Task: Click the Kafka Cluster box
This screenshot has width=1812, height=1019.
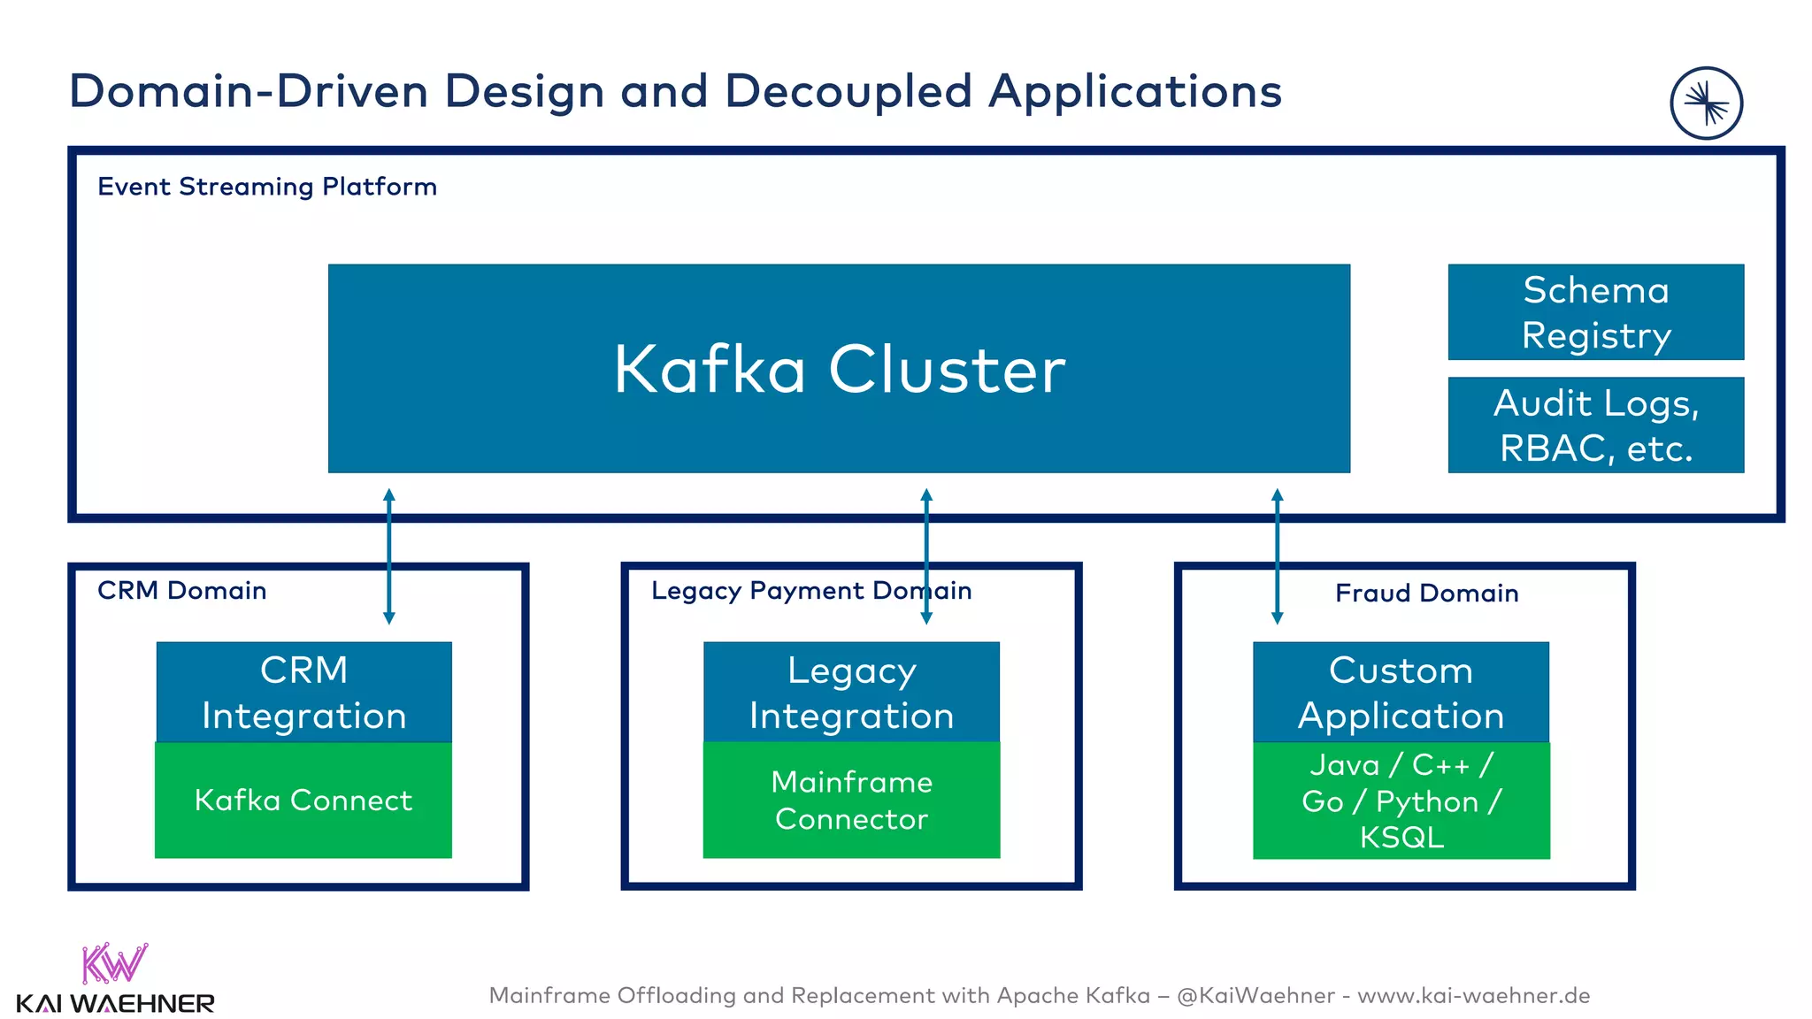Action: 839,368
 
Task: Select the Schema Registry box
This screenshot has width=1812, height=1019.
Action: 1595,311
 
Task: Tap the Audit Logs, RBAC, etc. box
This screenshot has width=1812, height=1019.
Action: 1595,425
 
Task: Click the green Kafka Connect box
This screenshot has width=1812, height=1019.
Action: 303,800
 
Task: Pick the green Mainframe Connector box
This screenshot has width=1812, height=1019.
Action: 851,800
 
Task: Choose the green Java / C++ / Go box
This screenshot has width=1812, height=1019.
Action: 1401,800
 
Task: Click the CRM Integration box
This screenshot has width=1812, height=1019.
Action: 303,692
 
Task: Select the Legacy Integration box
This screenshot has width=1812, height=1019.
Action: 851,692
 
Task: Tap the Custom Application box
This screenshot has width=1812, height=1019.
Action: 1401,692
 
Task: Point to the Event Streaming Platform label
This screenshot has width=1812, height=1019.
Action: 266,187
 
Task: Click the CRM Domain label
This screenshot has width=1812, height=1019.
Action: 181,590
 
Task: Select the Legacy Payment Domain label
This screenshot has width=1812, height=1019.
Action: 811,590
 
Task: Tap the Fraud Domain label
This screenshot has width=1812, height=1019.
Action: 1426,593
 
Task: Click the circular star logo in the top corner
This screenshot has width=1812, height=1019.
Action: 1706,103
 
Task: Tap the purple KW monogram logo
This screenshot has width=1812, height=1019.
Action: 113,963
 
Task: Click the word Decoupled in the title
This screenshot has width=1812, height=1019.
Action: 848,91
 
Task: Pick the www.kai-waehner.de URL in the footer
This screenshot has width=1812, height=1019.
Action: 1473,995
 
